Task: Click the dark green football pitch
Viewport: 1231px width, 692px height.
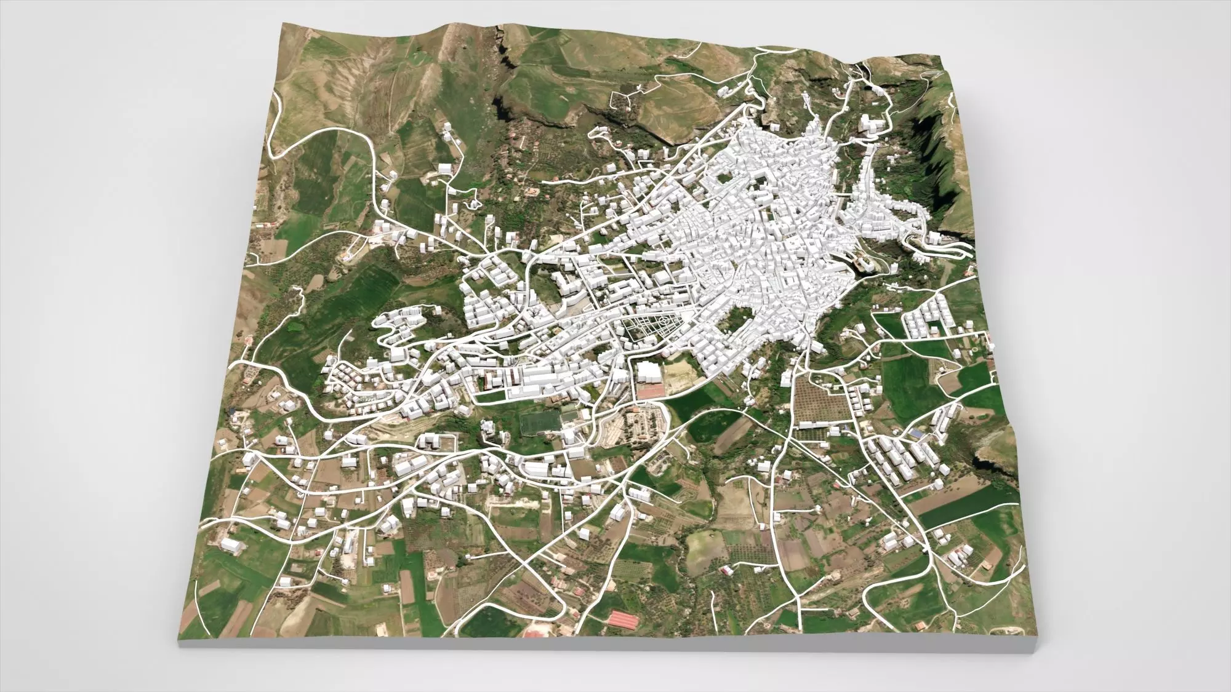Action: click(539, 424)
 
